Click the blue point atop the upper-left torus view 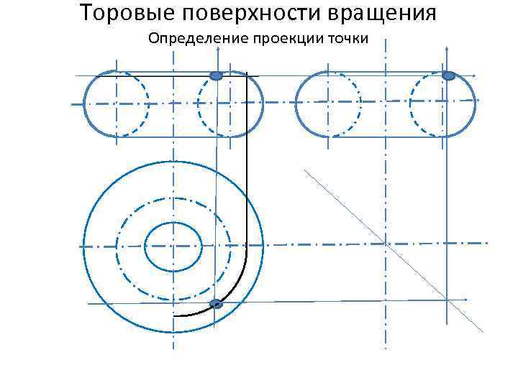pyautogui.click(x=215, y=75)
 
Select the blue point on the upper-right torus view pyautogui.click(x=448, y=75)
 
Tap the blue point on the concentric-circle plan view pyautogui.click(x=216, y=304)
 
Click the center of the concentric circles pyautogui.click(x=173, y=246)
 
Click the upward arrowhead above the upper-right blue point pyautogui.click(x=447, y=47)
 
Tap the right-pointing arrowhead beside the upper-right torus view pyautogui.click(x=476, y=75)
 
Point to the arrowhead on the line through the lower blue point pyautogui.click(x=465, y=299)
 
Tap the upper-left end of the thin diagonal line pyautogui.click(x=304, y=170)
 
